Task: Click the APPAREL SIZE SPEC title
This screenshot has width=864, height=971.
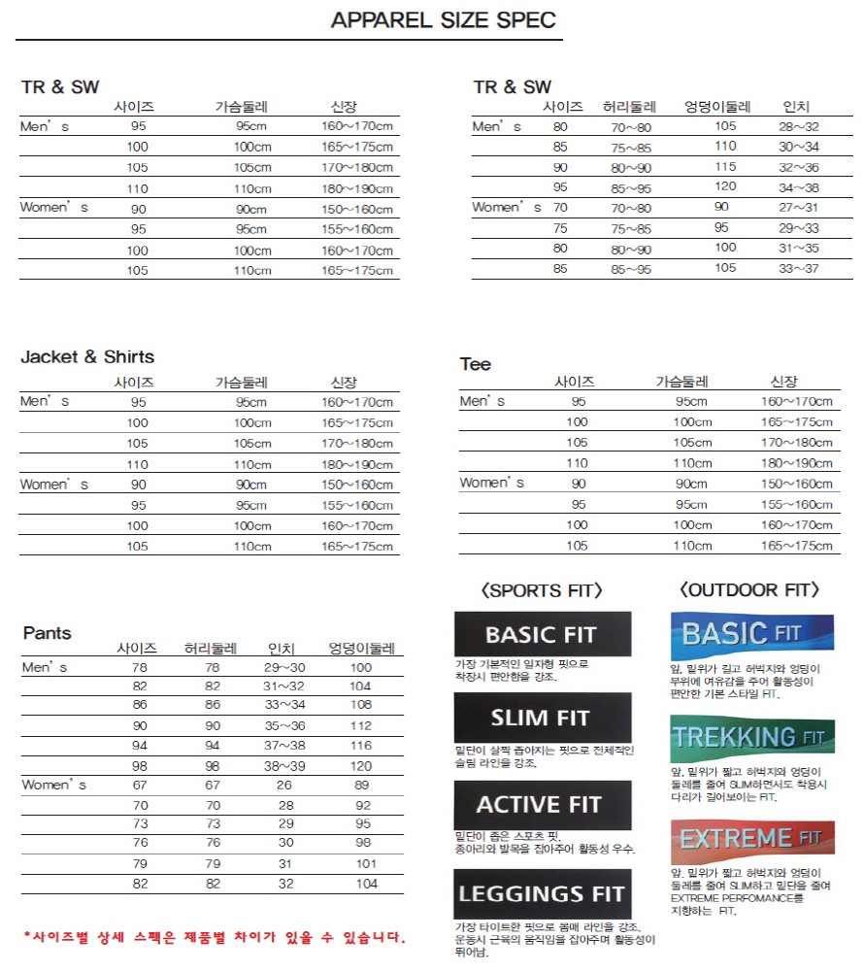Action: pos(444,21)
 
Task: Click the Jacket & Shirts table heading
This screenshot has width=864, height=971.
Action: pos(87,357)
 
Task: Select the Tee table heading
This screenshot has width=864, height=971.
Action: pos(476,365)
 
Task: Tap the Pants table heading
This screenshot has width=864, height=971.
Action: pos(48,633)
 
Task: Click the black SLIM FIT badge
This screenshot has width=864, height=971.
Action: pos(543,719)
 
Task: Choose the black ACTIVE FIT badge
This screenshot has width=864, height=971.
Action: pos(543,805)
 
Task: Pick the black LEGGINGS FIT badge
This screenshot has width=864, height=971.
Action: pos(543,894)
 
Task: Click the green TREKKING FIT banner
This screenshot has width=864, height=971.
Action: pos(751,738)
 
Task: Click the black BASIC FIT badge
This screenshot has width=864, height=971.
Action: pos(543,635)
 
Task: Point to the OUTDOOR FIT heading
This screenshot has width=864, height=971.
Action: pos(750,590)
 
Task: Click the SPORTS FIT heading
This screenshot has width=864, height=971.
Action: pos(542,590)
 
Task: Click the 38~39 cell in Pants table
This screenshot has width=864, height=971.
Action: pos(284,765)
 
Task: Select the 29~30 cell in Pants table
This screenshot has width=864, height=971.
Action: pos(284,667)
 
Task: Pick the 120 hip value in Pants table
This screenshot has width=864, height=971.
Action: pos(361,765)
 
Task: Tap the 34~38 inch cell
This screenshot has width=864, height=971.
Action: pos(799,187)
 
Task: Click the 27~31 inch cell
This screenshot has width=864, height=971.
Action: pos(799,208)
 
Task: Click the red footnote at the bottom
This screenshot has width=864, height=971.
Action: pos(214,937)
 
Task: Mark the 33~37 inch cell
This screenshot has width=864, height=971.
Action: pos(799,269)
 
